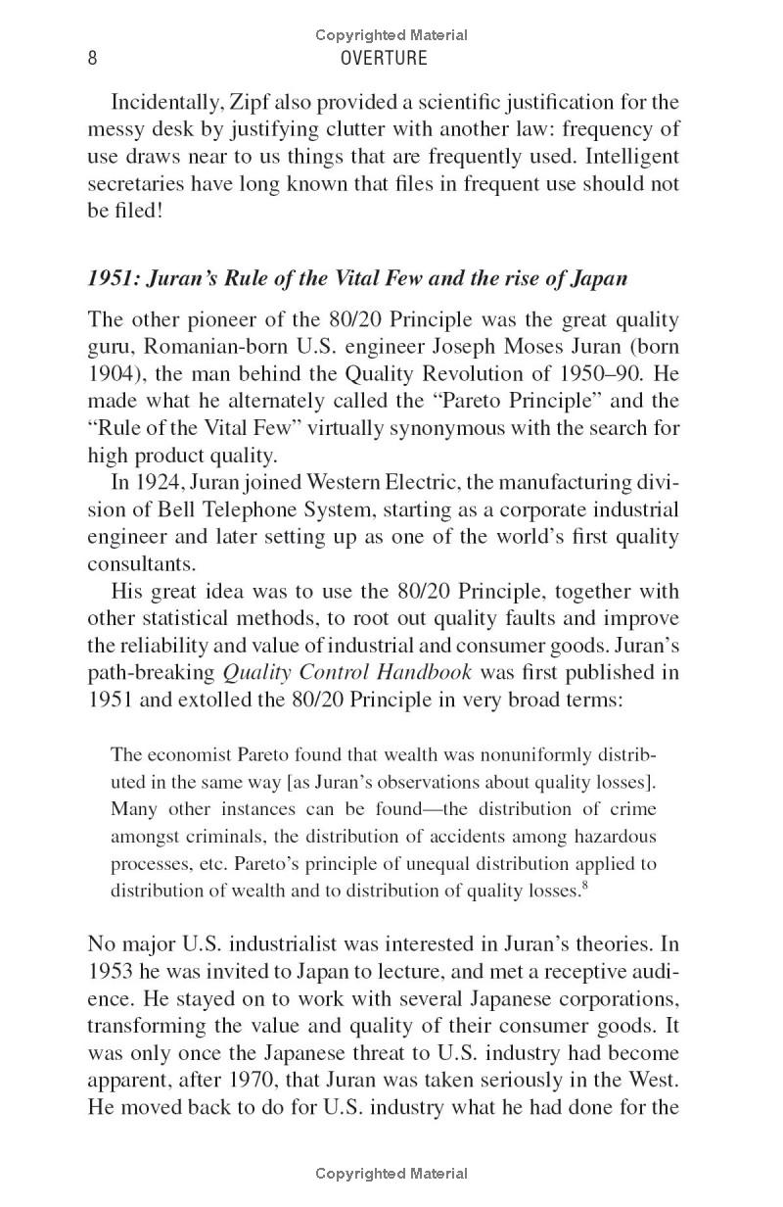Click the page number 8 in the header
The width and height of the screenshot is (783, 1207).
tap(92, 58)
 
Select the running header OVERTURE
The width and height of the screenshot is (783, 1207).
tap(383, 58)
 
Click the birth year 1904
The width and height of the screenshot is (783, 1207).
tap(111, 374)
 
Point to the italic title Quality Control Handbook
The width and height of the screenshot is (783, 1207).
tap(347, 673)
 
